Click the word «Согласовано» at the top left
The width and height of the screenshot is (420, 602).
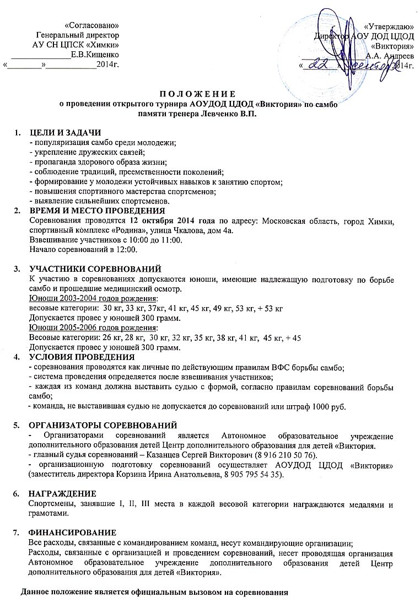point(92,25)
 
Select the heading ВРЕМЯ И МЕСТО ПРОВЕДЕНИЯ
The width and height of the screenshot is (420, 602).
point(96,211)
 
